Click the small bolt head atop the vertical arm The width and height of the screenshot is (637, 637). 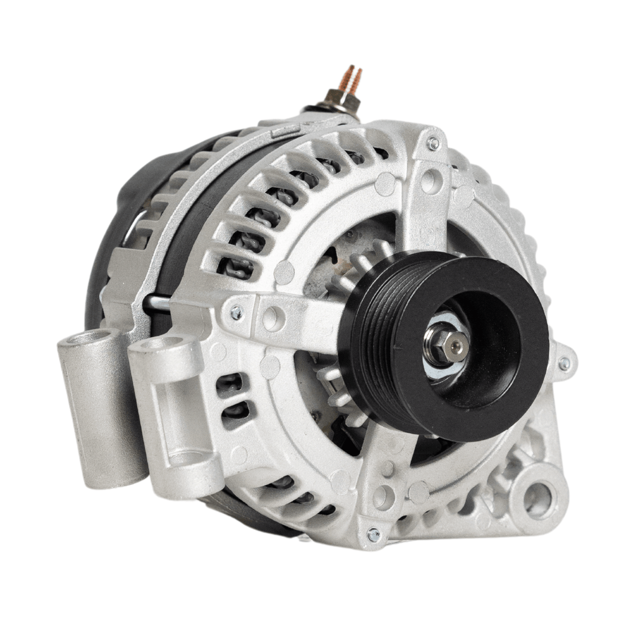[433, 144]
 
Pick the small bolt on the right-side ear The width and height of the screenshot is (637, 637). [564, 364]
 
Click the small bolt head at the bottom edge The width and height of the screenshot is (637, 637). [373, 534]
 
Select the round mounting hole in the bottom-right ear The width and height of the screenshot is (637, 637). [537, 498]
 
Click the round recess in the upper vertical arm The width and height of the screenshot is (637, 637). [430, 181]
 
